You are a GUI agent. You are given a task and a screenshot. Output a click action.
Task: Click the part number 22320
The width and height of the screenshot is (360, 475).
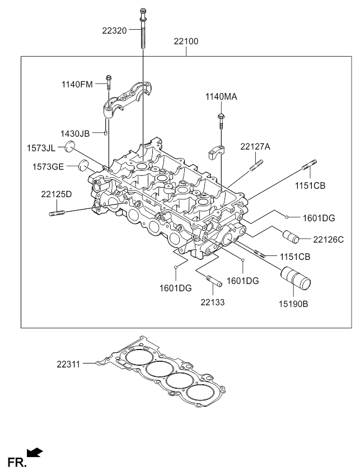coord(114,31)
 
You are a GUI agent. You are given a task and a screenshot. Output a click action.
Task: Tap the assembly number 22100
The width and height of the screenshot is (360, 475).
coord(186,41)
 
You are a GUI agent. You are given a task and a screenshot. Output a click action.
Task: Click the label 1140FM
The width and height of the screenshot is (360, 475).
coord(77,84)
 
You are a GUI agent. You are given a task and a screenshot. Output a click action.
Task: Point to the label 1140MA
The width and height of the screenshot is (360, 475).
coord(221,97)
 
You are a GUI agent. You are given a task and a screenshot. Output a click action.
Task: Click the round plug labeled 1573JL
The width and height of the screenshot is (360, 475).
coord(70,146)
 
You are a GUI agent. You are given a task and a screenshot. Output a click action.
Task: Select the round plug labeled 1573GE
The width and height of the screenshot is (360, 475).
coord(83,165)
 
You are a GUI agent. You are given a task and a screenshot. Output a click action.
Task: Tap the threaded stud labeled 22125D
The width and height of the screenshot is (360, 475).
coord(57,213)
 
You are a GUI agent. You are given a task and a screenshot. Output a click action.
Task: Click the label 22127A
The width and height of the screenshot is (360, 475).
coord(255,147)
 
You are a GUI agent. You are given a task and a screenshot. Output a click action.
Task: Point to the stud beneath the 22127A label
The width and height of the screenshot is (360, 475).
coord(256,165)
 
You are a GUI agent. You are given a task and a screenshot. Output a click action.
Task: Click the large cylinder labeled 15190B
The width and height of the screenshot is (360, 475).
coord(296,278)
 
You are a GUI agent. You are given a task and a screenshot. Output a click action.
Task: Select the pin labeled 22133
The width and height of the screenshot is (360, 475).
coord(214,280)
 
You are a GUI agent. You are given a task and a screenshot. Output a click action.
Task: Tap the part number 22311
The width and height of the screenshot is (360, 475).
coord(68,364)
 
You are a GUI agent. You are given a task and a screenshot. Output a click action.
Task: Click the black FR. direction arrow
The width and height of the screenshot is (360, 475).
coord(35,452)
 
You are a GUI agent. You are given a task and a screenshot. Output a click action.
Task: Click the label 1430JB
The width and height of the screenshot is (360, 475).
coord(75,133)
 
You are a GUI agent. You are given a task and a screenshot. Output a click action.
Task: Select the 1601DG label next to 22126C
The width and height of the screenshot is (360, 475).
coord(319,218)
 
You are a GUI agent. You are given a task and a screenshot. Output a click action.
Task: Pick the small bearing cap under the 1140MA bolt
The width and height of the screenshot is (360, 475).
coord(217,152)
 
